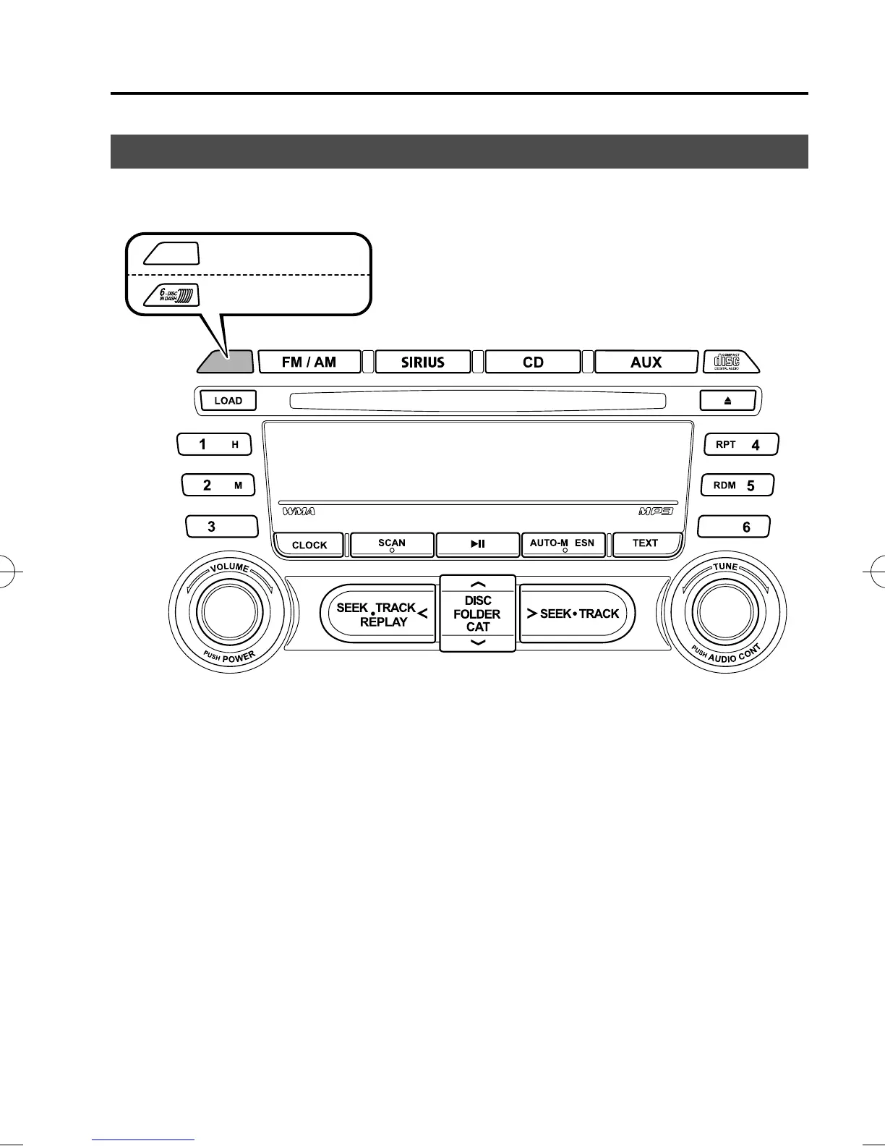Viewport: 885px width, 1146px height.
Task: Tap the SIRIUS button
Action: (423, 362)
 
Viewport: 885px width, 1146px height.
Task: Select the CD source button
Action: (533, 362)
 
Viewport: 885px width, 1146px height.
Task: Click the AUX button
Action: (646, 362)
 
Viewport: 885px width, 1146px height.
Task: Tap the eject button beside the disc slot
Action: (727, 400)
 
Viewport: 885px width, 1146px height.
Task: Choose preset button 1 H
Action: (214, 444)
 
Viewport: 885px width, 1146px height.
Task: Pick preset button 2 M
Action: (218, 485)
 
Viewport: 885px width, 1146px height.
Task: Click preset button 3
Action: (221, 526)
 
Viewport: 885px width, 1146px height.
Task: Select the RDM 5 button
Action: (737, 485)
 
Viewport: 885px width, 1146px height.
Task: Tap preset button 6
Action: (734, 527)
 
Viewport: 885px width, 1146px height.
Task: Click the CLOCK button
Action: (309, 545)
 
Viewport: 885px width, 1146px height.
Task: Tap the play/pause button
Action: (478, 544)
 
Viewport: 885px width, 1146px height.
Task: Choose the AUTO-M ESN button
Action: (563, 544)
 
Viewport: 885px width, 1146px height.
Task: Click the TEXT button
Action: (646, 543)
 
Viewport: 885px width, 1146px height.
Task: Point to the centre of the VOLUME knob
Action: (230, 613)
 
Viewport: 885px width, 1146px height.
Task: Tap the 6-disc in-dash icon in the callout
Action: (171, 295)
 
